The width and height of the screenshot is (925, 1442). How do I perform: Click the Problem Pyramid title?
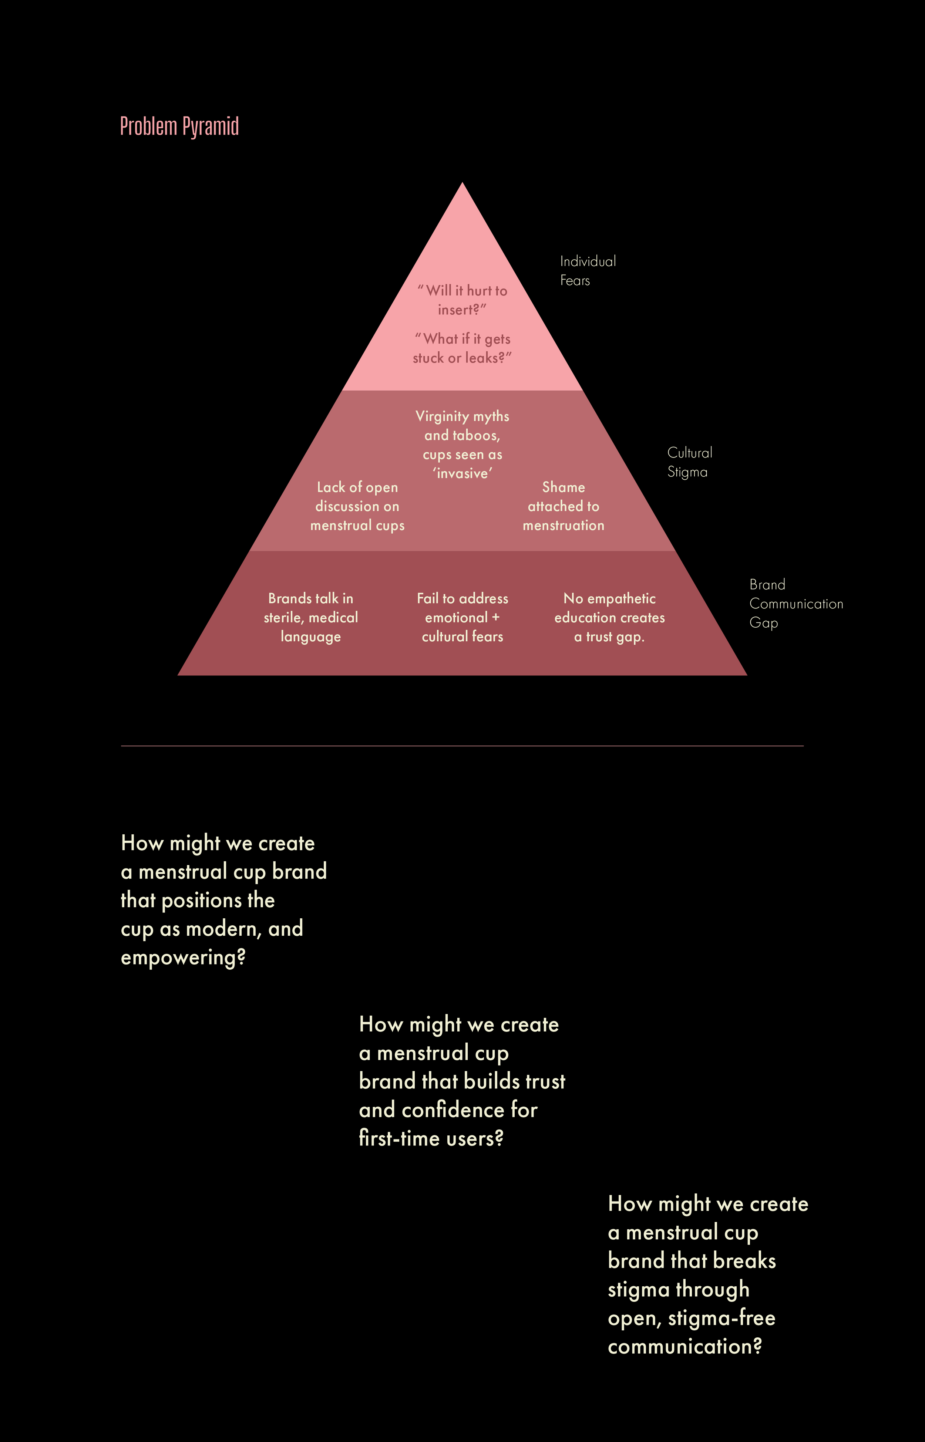click(179, 127)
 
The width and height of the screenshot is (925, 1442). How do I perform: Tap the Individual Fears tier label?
click(588, 271)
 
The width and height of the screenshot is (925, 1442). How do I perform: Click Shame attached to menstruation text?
click(564, 506)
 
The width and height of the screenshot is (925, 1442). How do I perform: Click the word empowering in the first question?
click(183, 958)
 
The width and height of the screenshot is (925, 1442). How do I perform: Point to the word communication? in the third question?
click(685, 1347)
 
